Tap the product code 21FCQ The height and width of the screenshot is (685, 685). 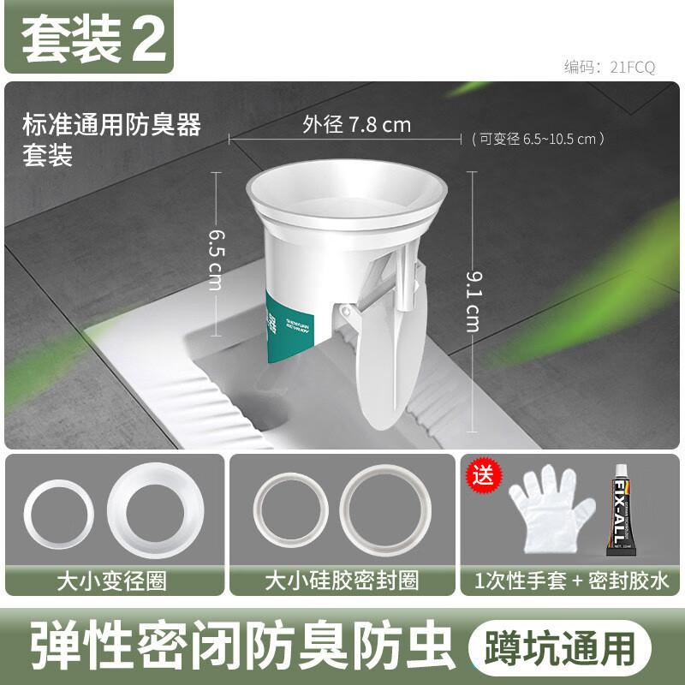tap(610, 68)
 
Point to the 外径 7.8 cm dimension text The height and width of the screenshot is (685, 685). tap(356, 125)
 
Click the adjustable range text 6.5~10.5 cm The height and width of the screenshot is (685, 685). tap(539, 139)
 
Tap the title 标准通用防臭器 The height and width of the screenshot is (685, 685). tap(111, 125)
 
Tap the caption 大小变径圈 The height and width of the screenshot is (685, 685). tap(111, 581)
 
